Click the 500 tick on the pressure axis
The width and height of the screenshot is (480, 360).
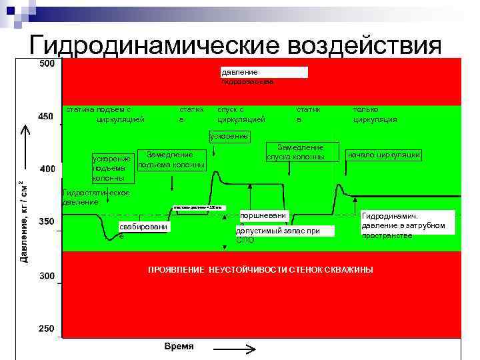pyautogui.click(x=46, y=64)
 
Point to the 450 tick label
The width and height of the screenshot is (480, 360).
pyautogui.click(x=46, y=117)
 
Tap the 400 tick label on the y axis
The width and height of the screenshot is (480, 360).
pyautogui.click(x=47, y=169)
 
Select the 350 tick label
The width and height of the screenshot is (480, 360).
pyautogui.click(x=46, y=221)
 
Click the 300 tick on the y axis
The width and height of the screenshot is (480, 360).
pyautogui.click(x=46, y=275)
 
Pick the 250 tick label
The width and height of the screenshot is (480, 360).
pyautogui.click(x=46, y=328)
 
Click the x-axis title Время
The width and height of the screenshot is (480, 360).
pyautogui.click(x=179, y=347)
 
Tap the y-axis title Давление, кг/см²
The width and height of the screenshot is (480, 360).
pyautogui.click(x=24, y=220)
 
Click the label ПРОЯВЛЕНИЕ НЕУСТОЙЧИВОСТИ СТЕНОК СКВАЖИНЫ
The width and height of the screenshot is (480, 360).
pyautogui.click(x=260, y=269)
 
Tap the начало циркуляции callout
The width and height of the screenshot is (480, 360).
pyautogui.click(x=384, y=155)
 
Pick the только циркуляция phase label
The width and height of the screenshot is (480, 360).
pyautogui.click(x=375, y=114)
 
